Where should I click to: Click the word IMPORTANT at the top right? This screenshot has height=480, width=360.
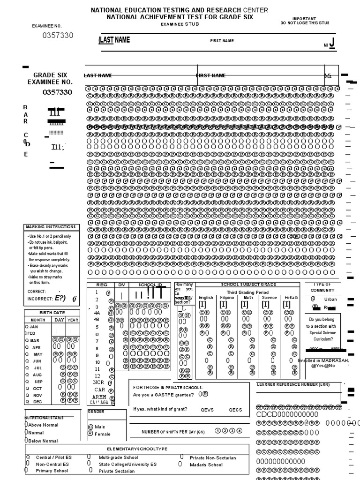[x=304, y=18]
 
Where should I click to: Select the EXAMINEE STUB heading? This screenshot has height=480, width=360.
[x=180, y=24]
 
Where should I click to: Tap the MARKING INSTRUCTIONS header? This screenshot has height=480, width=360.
[x=52, y=227]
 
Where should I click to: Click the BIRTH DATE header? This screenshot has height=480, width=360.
[x=52, y=313]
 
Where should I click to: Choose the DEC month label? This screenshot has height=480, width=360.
[x=37, y=402]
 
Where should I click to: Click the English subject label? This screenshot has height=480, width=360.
[x=206, y=298]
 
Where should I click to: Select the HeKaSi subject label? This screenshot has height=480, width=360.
[x=291, y=298]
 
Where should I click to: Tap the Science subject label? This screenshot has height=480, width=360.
[x=270, y=298]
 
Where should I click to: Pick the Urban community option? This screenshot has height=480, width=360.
[x=330, y=299]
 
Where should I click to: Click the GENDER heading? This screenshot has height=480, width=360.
[x=96, y=412]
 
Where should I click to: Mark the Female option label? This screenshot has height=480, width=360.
[x=103, y=434]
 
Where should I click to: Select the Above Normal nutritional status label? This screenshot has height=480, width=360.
[x=43, y=425]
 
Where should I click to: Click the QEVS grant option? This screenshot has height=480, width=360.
[x=207, y=410]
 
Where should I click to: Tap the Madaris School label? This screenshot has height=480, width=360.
[x=206, y=465]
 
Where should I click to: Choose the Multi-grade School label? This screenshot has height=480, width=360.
[x=118, y=457]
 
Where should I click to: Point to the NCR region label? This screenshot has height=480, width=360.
[x=98, y=382]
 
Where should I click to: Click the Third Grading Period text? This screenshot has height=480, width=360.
[x=248, y=292]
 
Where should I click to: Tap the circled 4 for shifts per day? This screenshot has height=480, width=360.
[x=240, y=431]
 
